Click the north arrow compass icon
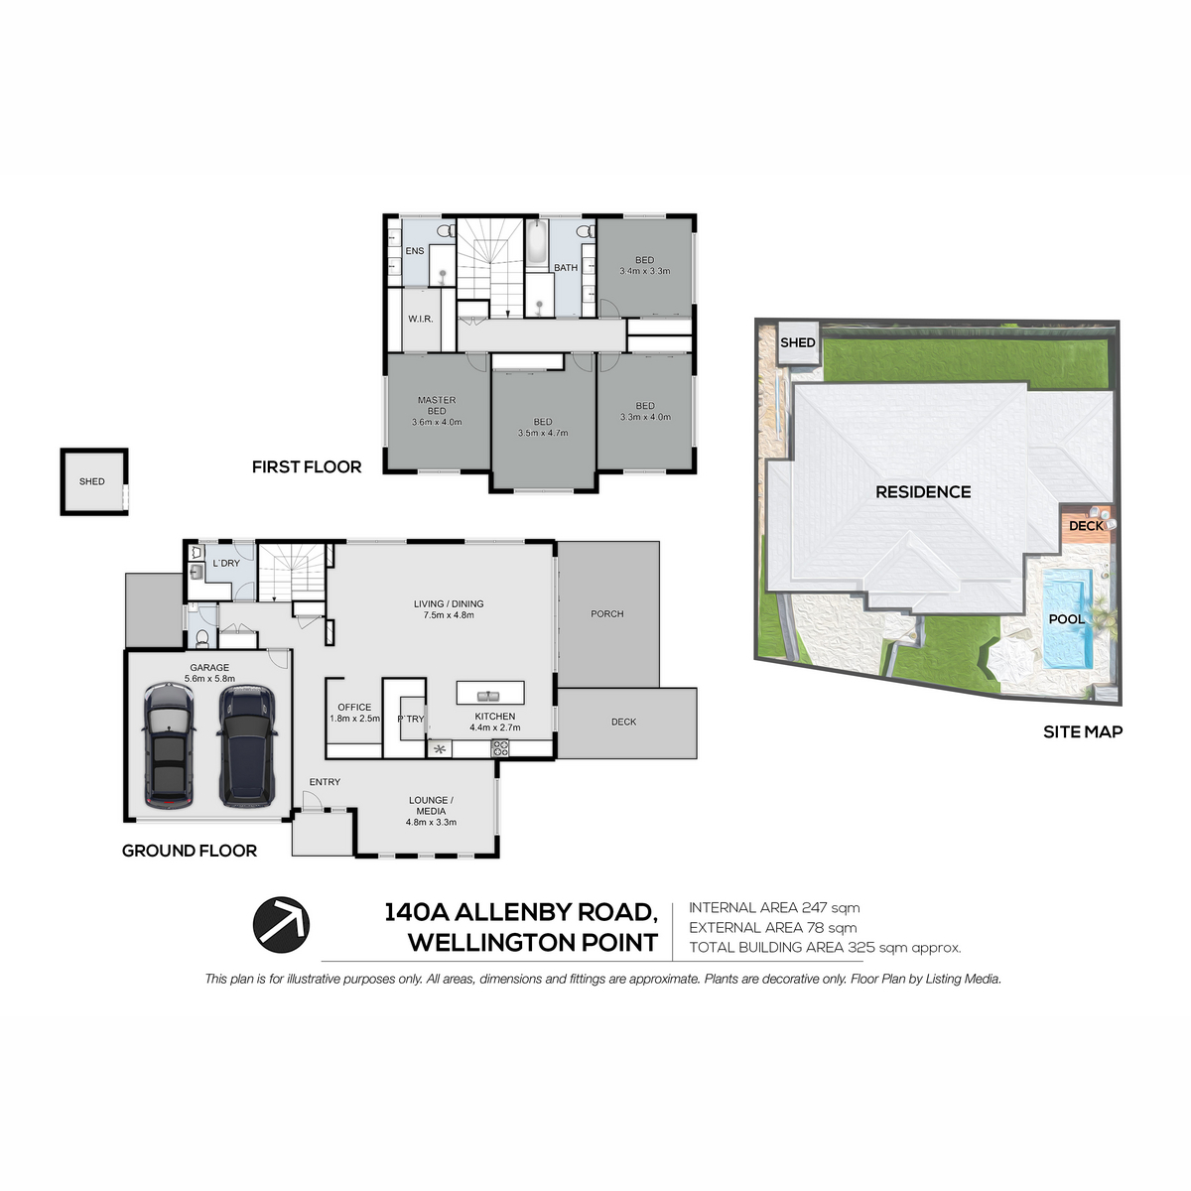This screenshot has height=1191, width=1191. [281, 925]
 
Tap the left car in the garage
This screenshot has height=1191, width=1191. [169, 745]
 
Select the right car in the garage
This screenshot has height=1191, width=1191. [247, 745]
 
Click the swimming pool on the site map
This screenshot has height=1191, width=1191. [1067, 618]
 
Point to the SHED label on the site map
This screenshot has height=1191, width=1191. [797, 342]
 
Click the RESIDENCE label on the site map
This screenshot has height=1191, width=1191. [923, 492]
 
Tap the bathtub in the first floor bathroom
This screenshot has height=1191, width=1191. [537, 242]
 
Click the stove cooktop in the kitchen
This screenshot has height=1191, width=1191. [500, 748]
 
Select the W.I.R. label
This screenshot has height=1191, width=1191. [420, 319]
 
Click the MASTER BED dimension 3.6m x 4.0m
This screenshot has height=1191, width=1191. [437, 422]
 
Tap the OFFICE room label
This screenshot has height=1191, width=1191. [354, 707]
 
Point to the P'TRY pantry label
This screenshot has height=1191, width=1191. [410, 719]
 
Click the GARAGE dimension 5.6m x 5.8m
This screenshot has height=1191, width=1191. [209, 679]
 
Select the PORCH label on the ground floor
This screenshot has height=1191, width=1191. [607, 613]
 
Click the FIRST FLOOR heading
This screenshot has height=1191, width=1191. [307, 466]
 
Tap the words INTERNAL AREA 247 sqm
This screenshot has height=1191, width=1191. [774, 908]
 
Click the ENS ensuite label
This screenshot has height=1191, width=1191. [415, 251]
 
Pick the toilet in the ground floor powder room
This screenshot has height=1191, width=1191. [202, 637]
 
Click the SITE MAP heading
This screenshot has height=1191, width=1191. [1083, 731]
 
